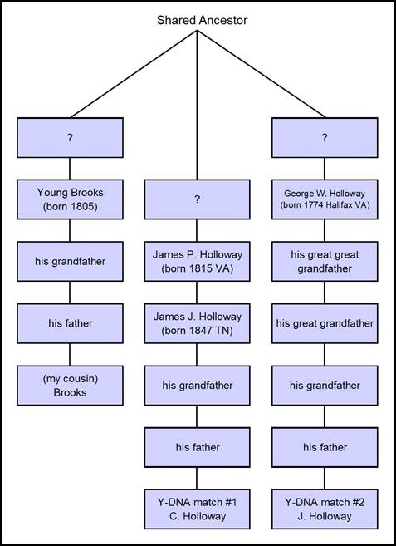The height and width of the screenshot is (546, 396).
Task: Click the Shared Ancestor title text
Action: pos(202,20)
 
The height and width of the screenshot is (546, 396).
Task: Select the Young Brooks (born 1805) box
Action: pos(70,199)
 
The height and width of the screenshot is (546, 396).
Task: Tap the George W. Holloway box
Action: pos(325,199)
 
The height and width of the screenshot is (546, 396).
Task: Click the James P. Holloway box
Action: pos(197,262)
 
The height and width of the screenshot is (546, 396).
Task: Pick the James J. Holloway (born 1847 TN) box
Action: pos(197,323)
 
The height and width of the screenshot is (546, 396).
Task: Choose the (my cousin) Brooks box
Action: pos(70,386)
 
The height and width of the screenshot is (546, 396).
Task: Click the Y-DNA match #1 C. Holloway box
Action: pos(197,509)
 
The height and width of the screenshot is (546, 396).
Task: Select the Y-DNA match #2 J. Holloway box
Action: pos(325,509)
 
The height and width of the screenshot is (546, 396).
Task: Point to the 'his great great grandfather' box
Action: pos(325,262)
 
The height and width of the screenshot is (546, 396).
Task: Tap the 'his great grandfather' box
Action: pos(325,323)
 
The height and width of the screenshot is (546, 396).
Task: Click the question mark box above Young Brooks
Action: pos(70,138)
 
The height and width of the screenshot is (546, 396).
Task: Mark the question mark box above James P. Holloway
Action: pos(197,199)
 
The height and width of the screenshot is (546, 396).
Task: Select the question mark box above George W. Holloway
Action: pos(325,138)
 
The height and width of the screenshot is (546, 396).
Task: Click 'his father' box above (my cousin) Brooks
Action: pos(70,323)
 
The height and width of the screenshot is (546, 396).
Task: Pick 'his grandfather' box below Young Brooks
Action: pos(70,262)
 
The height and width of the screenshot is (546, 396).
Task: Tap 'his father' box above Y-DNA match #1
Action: pos(197,447)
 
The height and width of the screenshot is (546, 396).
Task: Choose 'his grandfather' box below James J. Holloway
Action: pos(197,386)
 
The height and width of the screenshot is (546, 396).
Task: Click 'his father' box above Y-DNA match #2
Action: pos(325,447)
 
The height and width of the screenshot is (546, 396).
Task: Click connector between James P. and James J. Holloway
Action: pos(197,293)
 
